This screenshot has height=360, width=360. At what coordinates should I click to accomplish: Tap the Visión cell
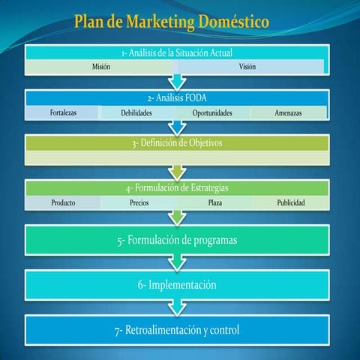coord(248,67)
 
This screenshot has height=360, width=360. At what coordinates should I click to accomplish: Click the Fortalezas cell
coord(62,112)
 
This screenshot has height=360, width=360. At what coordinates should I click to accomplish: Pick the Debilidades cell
coord(136,112)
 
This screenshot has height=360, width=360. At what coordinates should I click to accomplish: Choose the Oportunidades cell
coord(212,112)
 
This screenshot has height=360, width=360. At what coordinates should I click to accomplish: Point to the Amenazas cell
coord(289,112)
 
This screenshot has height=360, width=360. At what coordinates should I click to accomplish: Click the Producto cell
coord(62,202)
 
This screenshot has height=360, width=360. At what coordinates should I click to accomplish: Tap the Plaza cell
coord(214,202)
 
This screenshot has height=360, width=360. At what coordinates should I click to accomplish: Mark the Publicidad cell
coord(290,202)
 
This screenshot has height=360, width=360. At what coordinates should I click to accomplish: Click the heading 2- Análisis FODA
coord(177,97)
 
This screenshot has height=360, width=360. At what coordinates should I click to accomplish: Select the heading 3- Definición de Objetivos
coord(177,142)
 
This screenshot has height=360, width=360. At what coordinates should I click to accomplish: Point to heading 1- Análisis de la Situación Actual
coord(177,52)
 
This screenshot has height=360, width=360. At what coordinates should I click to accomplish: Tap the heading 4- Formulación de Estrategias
coord(177,187)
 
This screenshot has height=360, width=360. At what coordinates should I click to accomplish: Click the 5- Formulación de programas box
coord(177,240)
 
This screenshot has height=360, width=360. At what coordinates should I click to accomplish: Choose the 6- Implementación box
coord(177,285)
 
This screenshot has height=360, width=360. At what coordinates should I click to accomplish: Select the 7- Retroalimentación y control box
coord(177,330)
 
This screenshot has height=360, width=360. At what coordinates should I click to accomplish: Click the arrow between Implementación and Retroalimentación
coord(177,307)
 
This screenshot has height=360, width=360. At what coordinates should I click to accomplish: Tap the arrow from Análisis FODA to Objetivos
coord(177,127)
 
